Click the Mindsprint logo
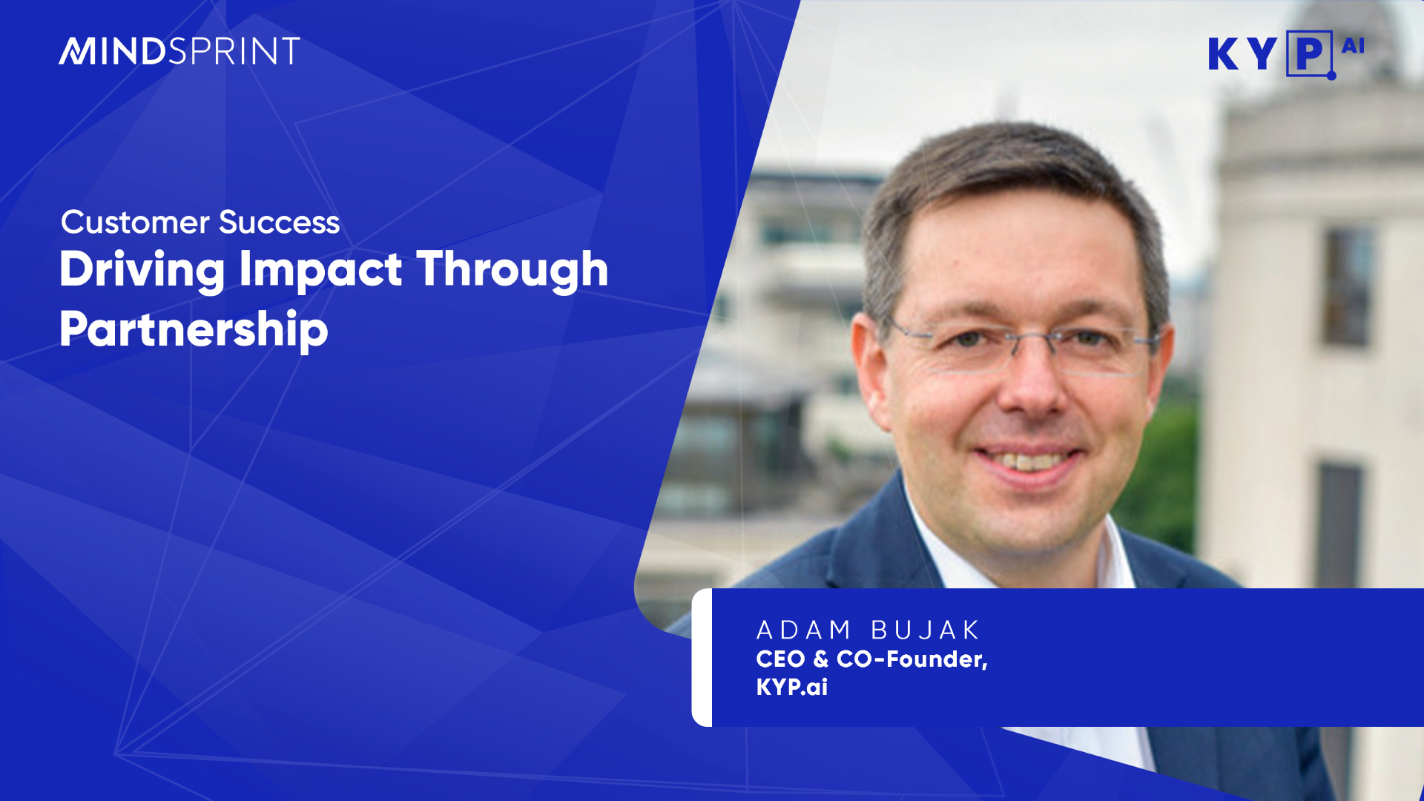point(179,51)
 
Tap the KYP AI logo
point(1286,54)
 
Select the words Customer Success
point(200,222)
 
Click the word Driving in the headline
point(142,270)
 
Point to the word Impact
point(320,270)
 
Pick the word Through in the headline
point(512,270)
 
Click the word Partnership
point(194,330)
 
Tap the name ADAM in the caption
point(803,630)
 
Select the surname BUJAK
point(925,630)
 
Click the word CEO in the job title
point(780,659)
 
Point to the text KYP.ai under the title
point(792,687)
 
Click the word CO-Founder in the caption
point(912,659)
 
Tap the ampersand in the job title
point(820,659)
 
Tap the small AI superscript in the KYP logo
point(1353,46)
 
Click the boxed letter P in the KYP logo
point(1310,53)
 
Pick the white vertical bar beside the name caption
point(702,657)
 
